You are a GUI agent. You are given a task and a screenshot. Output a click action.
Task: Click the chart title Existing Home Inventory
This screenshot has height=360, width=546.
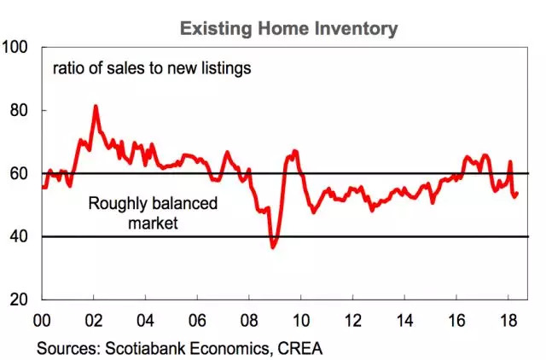click(x=288, y=27)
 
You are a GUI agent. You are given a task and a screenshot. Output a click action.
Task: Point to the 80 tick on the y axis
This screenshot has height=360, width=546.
click(x=20, y=110)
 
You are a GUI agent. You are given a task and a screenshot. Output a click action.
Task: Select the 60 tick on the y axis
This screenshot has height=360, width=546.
click(x=20, y=173)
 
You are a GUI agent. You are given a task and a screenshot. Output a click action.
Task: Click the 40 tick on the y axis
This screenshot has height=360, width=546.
click(x=20, y=236)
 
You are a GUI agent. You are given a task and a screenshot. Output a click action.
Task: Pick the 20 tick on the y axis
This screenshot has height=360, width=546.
click(x=20, y=299)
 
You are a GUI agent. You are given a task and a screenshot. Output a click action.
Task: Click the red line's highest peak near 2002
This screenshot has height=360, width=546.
click(x=96, y=107)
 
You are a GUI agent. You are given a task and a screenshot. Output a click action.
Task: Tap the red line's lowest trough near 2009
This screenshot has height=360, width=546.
click(x=273, y=247)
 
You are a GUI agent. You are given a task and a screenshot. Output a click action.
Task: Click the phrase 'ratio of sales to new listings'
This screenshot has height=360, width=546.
click(x=152, y=67)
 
